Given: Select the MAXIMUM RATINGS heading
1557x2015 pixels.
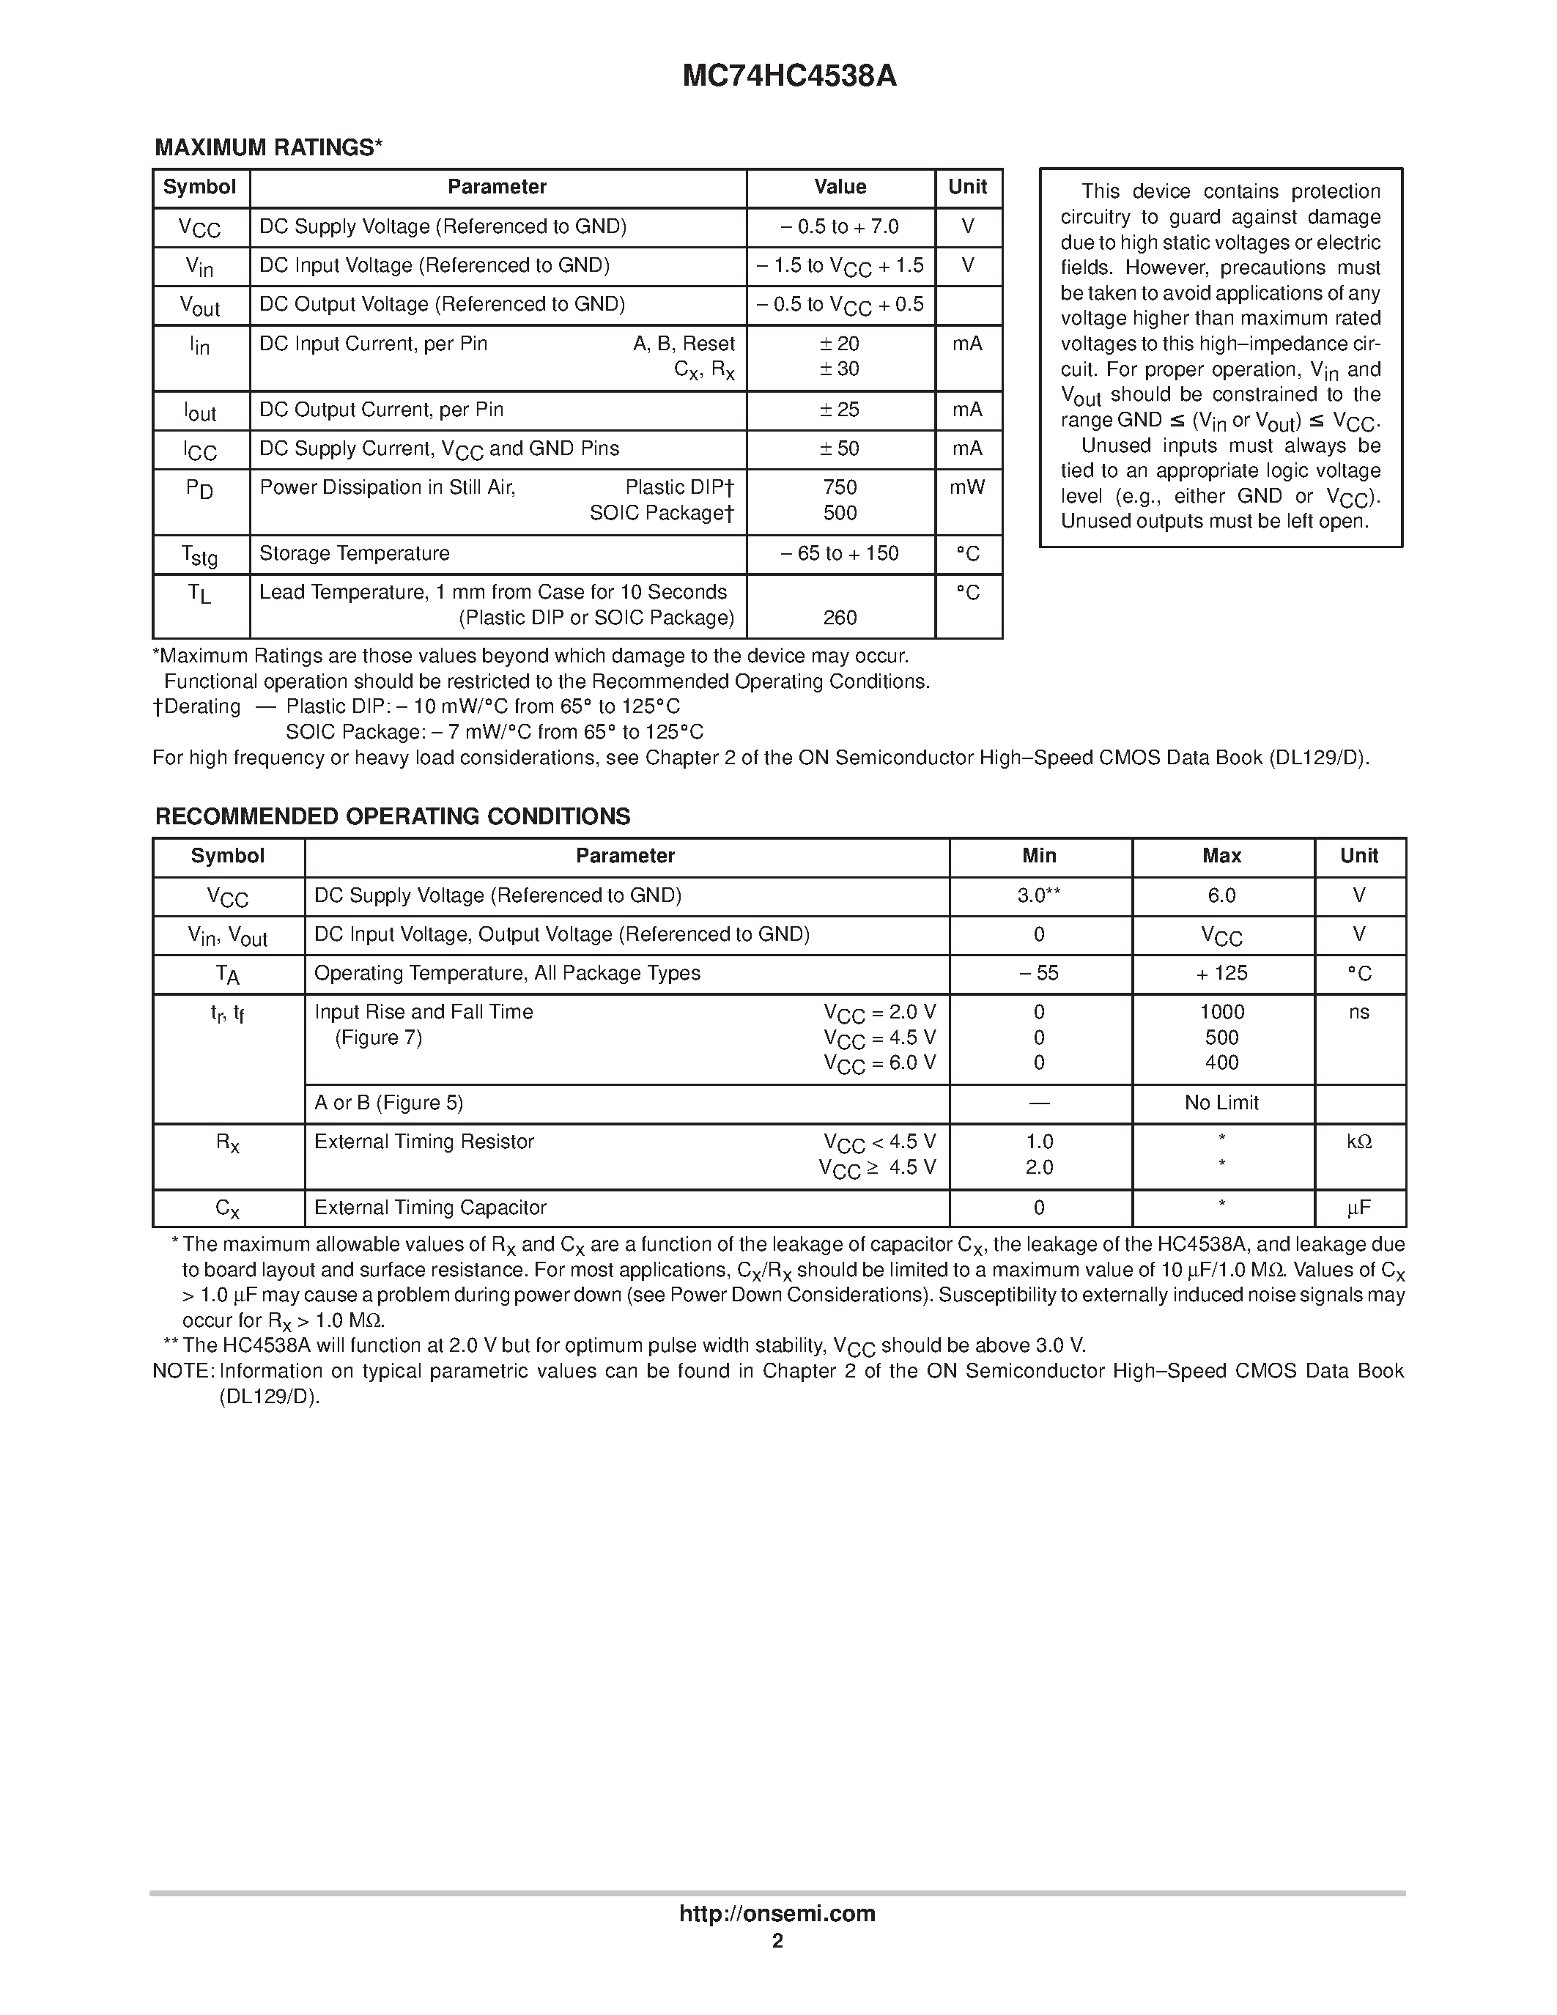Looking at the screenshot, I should (267, 147).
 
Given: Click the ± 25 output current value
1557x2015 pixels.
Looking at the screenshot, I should (840, 410).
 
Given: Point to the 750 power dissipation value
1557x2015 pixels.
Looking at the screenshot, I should (840, 487).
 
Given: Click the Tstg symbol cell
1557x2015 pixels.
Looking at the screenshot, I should (200, 555).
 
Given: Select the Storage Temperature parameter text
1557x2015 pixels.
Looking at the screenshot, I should (354, 553).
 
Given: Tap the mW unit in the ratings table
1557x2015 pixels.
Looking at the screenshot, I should (968, 487).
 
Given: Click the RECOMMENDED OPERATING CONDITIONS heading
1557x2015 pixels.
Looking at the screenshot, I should (392, 816).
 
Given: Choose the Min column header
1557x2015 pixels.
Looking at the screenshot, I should (1039, 856).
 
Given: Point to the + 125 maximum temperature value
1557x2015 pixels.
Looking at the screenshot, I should (1221, 973).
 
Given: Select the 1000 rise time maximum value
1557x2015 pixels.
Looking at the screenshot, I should (1221, 1012).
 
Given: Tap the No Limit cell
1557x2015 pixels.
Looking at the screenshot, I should (1221, 1103).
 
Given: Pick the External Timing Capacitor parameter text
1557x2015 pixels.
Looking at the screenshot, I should (430, 1208).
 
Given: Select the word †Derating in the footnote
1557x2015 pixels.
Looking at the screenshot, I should (196, 707).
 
